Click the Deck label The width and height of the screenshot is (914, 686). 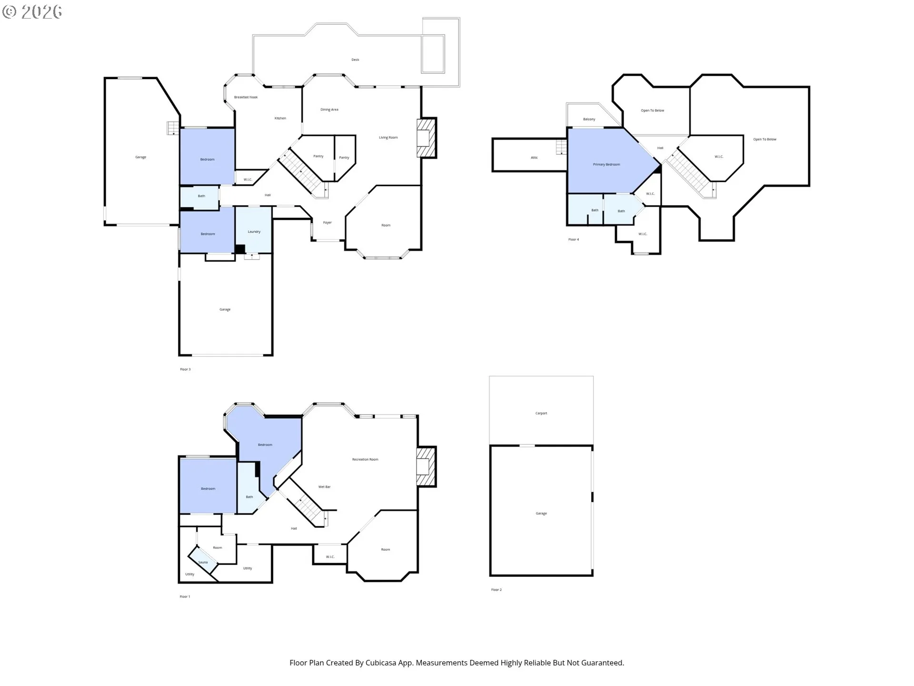click(355, 60)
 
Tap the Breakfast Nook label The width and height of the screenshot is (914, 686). click(246, 97)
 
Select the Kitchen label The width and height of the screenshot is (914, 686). click(280, 118)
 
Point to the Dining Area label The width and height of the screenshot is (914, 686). click(329, 110)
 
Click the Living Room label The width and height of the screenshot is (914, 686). click(388, 138)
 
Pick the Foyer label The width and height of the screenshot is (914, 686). click(328, 222)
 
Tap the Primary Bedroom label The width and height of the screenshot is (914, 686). click(606, 164)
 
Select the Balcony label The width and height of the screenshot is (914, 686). click(589, 119)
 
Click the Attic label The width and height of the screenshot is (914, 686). click(534, 158)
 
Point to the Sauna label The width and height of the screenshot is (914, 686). click(203, 562)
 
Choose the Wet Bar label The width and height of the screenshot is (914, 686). click(324, 487)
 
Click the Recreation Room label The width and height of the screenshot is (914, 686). click(365, 460)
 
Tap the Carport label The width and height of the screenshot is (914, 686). click(541, 414)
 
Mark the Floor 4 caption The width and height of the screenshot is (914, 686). click(574, 240)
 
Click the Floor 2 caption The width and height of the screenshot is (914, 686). click(497, 590)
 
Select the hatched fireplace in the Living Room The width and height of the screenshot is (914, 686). click(427, 138)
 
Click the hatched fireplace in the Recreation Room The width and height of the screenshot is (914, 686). click(427, 466)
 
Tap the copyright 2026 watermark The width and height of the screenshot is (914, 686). click(32, 11)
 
